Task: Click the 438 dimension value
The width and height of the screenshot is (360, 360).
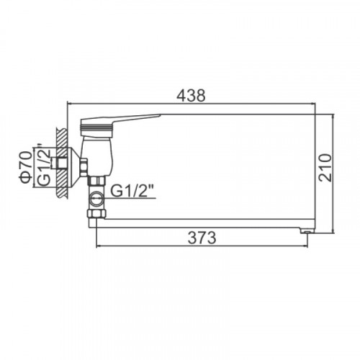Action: (x=191, y=96)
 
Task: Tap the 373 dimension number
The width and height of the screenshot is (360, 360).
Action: (x=202, y=238)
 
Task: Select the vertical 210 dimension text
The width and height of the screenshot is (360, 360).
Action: (x=325, y=168)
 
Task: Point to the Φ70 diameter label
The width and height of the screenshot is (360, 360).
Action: (x=26, y=166)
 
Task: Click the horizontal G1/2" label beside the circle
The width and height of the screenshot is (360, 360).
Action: (x=132, y=191)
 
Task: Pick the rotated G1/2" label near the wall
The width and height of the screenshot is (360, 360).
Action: (x=44, y=166)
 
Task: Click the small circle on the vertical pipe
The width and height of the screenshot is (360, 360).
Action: (x=96, y=199)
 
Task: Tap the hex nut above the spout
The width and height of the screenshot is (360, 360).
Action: (x=96, y=213)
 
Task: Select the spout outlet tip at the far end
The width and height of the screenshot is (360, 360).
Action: (x=307, y=230)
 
